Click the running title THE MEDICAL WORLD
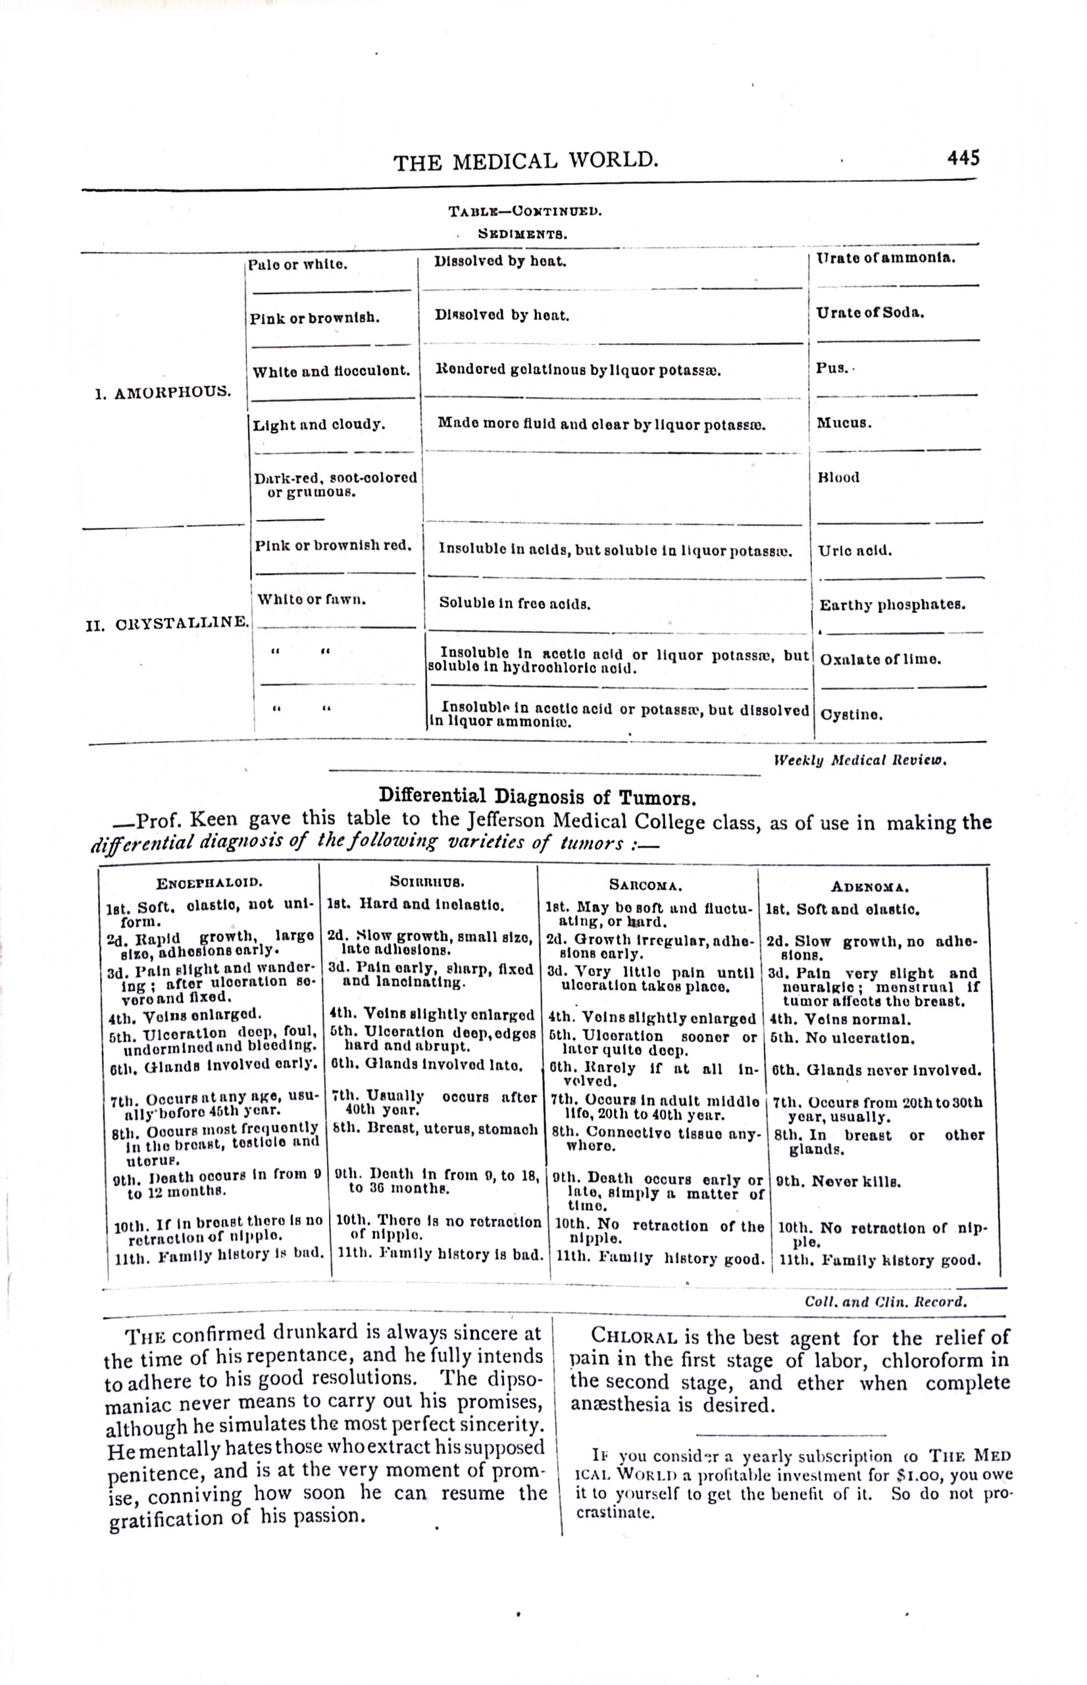pos(526,162)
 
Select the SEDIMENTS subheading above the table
pos(523,232)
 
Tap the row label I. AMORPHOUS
pos(163,392)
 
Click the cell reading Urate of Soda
pos(871,313)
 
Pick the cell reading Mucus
pos(844,423)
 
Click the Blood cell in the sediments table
pos(838,477)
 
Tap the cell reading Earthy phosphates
pos(892,605)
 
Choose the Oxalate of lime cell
pos(880,660)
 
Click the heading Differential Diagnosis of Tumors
pos(538,797)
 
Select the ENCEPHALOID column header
pos(210,883)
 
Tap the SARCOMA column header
pos(645,885)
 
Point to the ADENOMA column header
pos(870,887)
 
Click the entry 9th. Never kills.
pos(838,1181)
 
